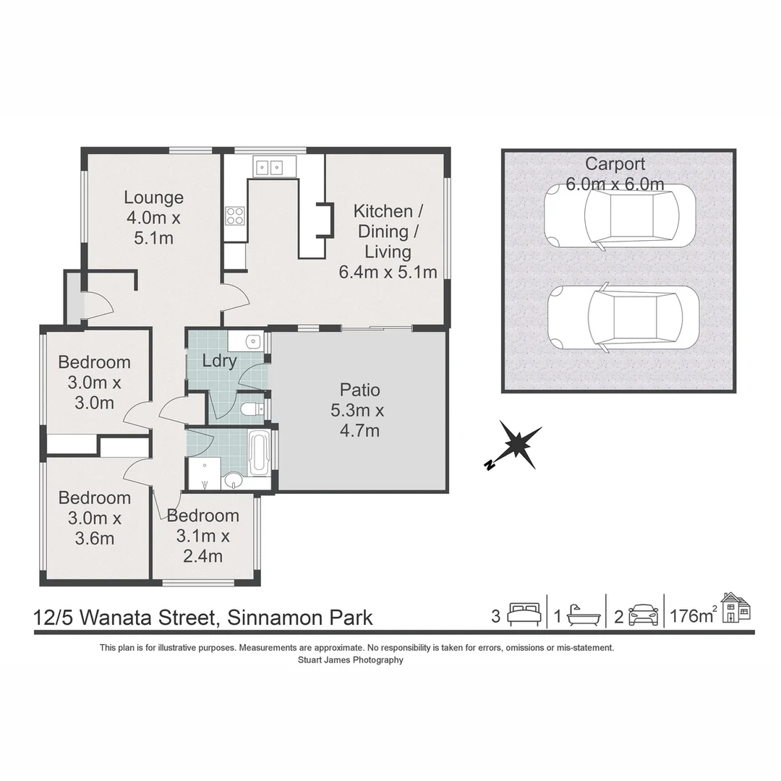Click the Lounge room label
153,217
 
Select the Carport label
615,174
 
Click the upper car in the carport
619,215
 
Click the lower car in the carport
623,317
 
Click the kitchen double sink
269,168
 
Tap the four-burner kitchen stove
235,215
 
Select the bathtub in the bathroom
258,453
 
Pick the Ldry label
219,361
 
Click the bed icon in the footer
524,615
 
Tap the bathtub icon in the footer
583,615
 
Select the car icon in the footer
643,615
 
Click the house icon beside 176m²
735,607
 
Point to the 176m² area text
693,616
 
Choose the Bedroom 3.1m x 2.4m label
202,536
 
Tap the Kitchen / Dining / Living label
388,242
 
